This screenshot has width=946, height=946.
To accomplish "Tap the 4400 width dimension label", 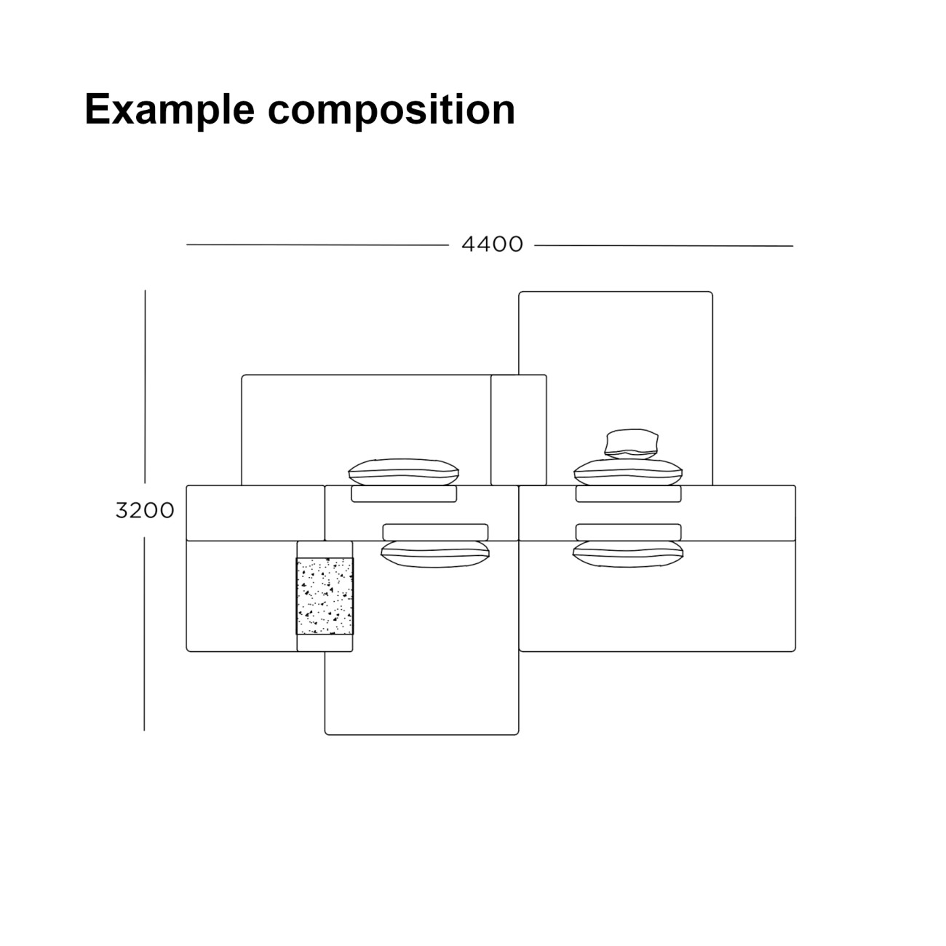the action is [492, 245].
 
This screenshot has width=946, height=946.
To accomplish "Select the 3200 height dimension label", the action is [145, 511].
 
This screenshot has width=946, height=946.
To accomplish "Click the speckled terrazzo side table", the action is [325, 596].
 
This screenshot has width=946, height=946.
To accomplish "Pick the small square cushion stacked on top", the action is [632, 444].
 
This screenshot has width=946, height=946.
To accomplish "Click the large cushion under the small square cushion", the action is [629, 472].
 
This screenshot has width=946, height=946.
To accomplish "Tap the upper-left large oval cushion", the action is [404, 472].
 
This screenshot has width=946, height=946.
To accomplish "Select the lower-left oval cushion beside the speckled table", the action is [435, 555].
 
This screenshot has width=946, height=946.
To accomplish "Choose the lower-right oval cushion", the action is [628, 555].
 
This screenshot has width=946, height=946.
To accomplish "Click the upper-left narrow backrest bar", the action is [404, 494].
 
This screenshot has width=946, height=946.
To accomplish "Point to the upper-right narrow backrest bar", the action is [629, 494].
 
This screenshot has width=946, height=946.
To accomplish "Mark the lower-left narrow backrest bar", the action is [435, 532].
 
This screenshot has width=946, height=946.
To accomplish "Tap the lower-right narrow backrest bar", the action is [629, 532].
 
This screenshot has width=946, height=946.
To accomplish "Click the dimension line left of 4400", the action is [317, 245].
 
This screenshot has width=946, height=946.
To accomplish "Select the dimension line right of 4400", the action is [664, 245].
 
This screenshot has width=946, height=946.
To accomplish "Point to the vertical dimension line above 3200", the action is [145, 387].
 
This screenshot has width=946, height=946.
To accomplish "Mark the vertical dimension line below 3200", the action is [144, 634].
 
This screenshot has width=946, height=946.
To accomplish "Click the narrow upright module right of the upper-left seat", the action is [519, 430].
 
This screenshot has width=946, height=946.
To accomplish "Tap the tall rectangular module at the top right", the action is [616, 389].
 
